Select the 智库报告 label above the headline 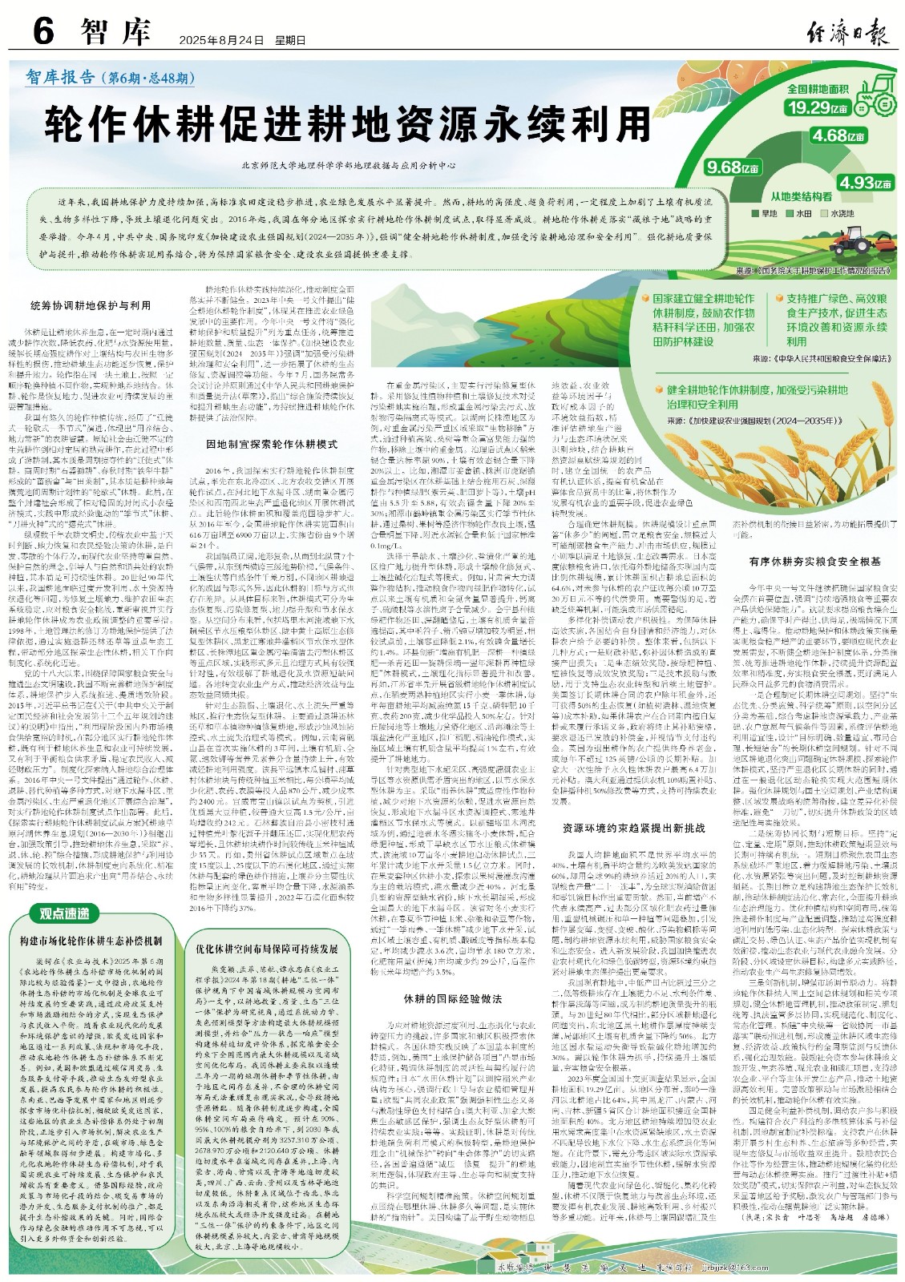pos(60,77)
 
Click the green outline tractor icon pos(873,89)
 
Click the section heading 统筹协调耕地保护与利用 pos(90,305)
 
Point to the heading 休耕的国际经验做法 pos(452,998)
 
